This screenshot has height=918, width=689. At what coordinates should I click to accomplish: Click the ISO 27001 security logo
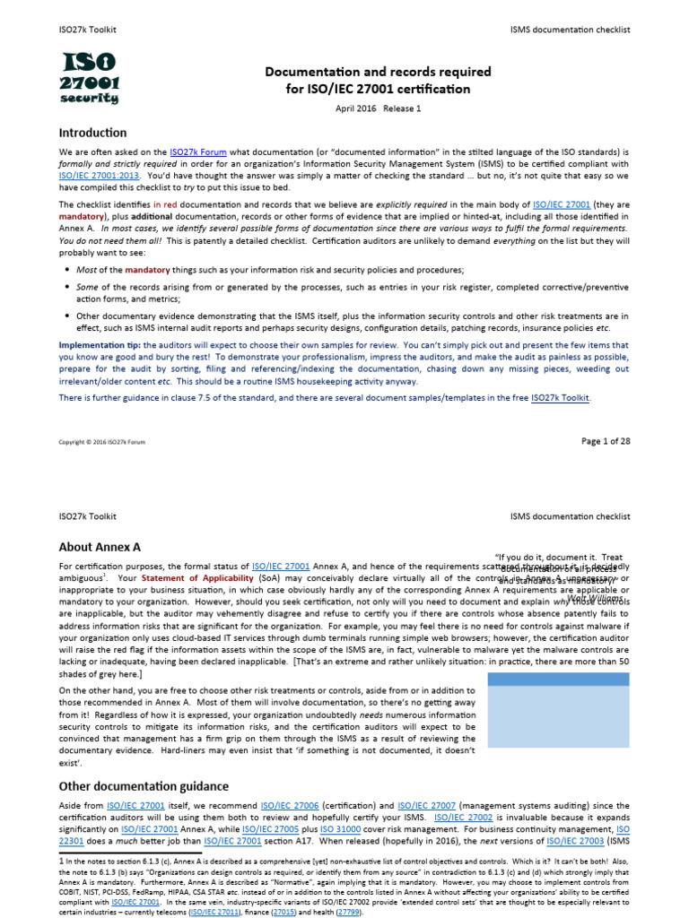pos(90,78)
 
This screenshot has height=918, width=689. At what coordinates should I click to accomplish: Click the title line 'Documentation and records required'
pos(377,72)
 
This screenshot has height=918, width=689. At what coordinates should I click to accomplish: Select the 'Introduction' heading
pos(92,133)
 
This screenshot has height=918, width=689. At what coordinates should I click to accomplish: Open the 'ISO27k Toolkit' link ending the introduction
pos(561,397)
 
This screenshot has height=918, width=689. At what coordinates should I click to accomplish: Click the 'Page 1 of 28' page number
pos(606,441)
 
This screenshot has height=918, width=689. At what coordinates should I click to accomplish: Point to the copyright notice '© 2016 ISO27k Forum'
pos(102,442)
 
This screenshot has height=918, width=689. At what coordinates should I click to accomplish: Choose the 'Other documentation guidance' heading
pos(144,786)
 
